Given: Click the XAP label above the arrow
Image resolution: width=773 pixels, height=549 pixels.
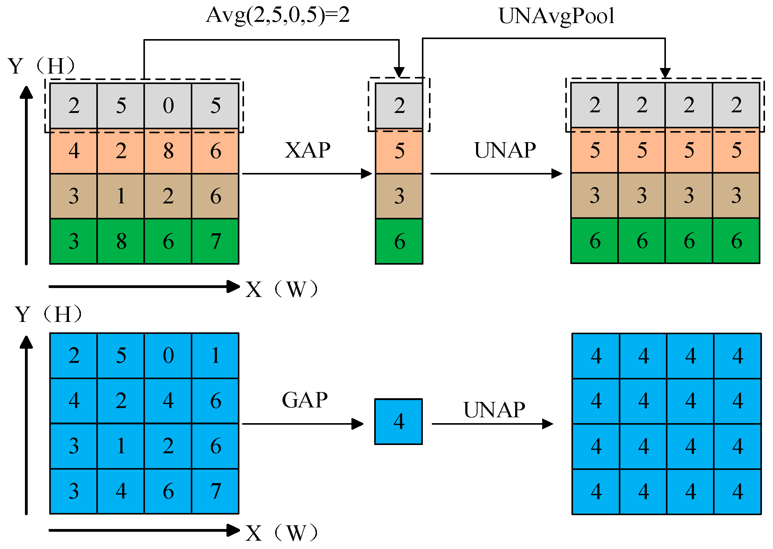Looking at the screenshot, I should point(307,150).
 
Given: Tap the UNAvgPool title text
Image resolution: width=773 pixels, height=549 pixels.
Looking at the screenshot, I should point(556,16).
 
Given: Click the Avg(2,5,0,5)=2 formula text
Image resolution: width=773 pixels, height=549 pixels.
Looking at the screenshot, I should point(278,15).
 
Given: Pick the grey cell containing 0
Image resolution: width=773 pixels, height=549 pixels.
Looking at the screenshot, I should point(168,106).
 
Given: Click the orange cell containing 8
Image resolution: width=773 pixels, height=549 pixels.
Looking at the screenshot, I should point(168,151).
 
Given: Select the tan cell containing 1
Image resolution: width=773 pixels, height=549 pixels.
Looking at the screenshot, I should point(121,196).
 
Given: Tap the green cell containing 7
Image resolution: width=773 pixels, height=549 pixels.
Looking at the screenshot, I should point(215,241).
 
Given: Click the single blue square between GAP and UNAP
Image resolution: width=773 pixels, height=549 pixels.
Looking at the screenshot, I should point(399,422).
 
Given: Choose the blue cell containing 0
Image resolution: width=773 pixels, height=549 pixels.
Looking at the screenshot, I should point(168,355).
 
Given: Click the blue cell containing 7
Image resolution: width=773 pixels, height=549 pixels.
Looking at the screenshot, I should point(215,491).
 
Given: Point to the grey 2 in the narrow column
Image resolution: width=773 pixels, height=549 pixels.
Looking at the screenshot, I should point(399,106).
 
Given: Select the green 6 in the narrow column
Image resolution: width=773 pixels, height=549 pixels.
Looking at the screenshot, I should point(399,241).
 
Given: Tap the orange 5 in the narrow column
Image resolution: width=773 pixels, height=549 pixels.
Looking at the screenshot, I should point(399,151).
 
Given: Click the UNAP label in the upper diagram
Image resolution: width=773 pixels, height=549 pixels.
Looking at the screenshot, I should point(505,150).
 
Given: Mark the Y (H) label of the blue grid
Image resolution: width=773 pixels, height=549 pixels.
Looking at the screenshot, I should point(48,314).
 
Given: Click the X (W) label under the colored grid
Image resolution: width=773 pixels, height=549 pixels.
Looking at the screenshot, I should point(282,289).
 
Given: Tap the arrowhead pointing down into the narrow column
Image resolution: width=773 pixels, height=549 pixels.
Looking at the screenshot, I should point(399,72).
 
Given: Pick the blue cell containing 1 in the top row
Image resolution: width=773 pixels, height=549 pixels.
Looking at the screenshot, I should point(215,355).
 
